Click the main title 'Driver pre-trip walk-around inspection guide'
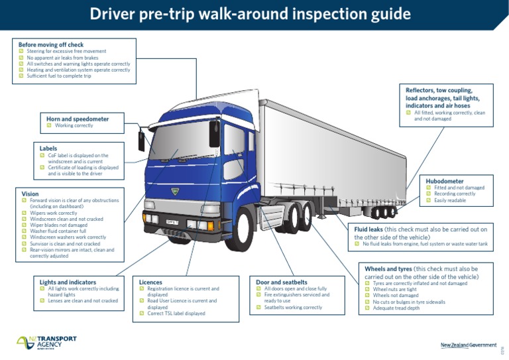250,15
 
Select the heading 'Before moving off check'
50,44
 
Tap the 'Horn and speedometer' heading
78,119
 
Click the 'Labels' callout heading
48,149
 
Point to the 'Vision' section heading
30,194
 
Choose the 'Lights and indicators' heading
68,282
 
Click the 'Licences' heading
150,282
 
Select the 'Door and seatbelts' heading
282,282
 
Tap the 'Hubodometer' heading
445,180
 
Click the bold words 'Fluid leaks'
368,229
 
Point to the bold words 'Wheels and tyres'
388,269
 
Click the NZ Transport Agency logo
46,342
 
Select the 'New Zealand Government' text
468,345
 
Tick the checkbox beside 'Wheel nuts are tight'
368,289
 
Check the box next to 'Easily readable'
429,200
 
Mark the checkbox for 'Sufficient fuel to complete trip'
21,76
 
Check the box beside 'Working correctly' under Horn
50,125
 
